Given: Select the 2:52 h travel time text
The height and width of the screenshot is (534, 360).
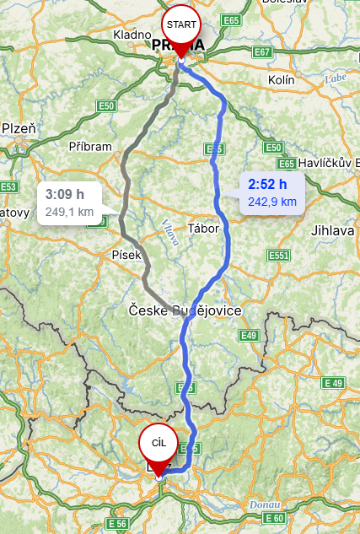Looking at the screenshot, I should click(x=267, y=184).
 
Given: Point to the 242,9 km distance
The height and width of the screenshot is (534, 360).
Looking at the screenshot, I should click(x=271, y=202).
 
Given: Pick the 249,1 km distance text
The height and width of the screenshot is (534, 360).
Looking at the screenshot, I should click(x=69, y=212).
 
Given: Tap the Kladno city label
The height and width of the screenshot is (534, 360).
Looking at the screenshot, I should click(x=132, y=35).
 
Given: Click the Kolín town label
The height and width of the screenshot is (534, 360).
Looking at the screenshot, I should click(x=280, y=79).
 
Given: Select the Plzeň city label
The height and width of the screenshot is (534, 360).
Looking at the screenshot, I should click(x=19, y=128).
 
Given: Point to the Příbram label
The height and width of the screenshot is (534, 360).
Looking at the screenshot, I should click(x=90, y=146).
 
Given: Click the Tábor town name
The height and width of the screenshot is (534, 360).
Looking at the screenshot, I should click(x=204, y=229).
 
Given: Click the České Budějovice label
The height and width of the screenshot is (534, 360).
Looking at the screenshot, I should click(x=185, y=311).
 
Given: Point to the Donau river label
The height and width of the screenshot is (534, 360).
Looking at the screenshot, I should click(x=261, y=504).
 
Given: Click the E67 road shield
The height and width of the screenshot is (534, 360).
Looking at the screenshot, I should click(x=262, y=52).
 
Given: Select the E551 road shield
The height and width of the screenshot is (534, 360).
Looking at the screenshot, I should click(x=278, y=255).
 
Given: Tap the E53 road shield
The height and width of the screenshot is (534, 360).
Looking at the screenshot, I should click(x=8, y=186).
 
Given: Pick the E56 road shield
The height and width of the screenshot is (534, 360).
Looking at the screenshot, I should click(x=116, y=525).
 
